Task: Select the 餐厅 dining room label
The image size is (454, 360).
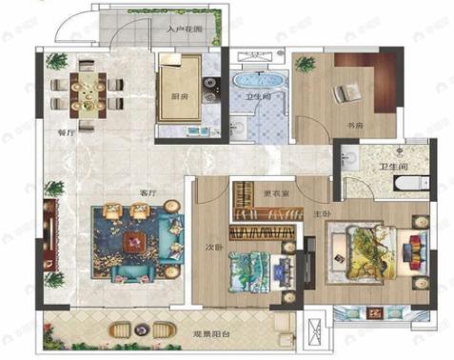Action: coord(65,134)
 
